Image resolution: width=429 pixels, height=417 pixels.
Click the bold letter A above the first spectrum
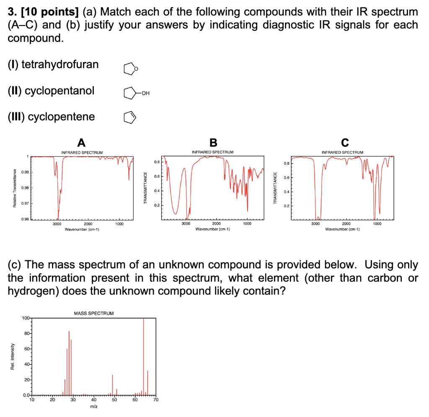point(81,142)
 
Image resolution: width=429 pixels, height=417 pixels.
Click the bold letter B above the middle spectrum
point(213,142)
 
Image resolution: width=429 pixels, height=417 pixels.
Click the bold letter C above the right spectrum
point(345,142)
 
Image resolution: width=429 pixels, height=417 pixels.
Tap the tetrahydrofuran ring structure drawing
point(131,69)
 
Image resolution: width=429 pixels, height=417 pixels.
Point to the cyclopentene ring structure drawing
point(130,117)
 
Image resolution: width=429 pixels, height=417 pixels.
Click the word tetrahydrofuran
point(60,64)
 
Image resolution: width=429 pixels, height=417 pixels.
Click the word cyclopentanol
point(59,91)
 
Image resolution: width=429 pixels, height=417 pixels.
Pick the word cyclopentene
point(61,117)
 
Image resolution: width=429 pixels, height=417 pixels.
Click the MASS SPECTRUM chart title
point(93,313)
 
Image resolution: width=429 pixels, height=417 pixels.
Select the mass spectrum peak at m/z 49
point(112,385)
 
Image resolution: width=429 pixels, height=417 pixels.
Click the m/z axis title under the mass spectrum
point(93,407)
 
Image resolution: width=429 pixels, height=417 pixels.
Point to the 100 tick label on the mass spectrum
point(26,318)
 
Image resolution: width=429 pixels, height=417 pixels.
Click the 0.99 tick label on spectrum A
point(25,172)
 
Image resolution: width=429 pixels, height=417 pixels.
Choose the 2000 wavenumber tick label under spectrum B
point(217,223)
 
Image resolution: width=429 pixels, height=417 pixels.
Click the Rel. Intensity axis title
point(12,357)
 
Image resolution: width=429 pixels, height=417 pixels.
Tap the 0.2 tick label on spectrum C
point(286,206)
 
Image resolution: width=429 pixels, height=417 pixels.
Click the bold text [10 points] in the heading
point(50,12)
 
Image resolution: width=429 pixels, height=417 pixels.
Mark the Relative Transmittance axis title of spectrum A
point(14,189)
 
